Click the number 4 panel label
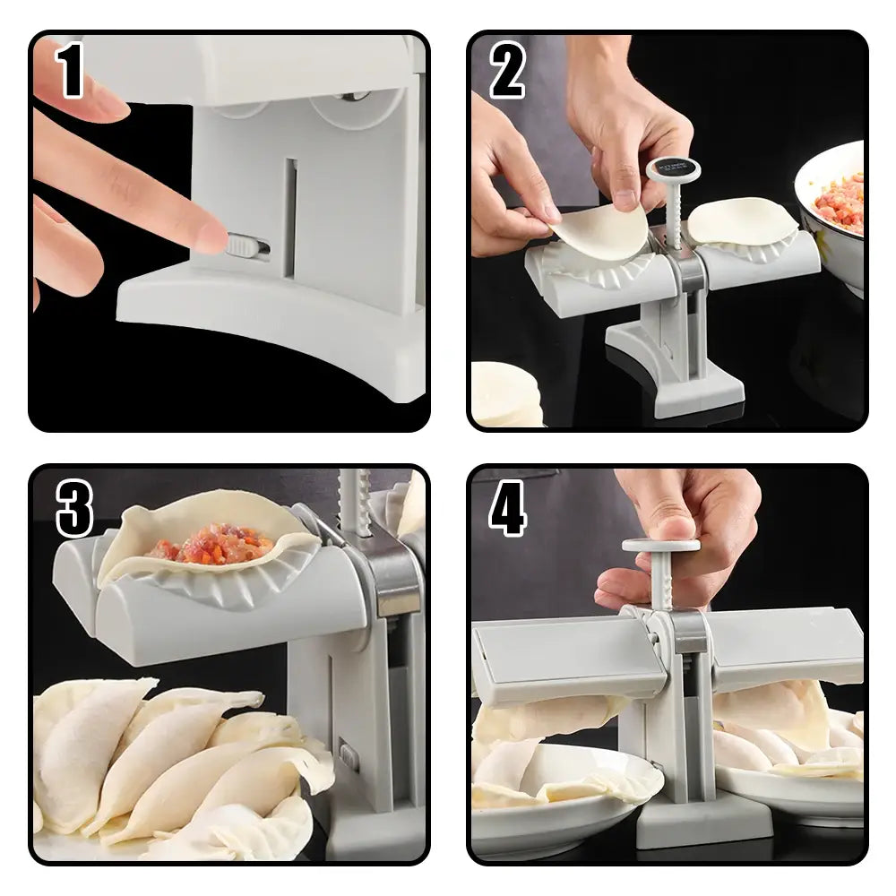tap(507, 508)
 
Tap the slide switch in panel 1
tap(246, 245)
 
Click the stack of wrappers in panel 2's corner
tap(507, 394)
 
